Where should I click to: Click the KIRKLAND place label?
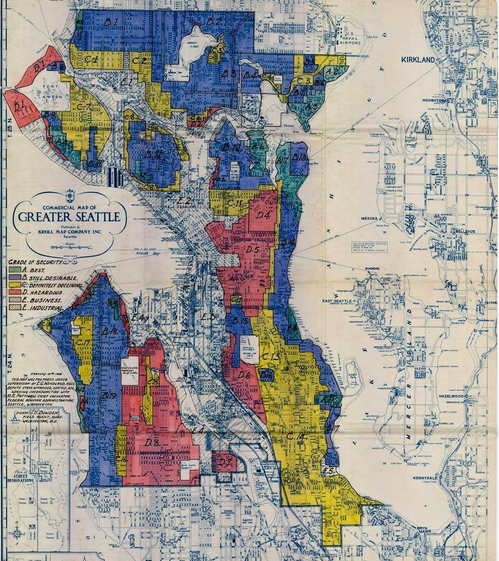(x=418, y=60)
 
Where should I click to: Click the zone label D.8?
(x=152, y=443)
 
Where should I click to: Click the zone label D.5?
(x=252, y=249)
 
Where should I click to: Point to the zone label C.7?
(x=83, y=107)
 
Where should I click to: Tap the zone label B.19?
(x=109, y=395)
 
